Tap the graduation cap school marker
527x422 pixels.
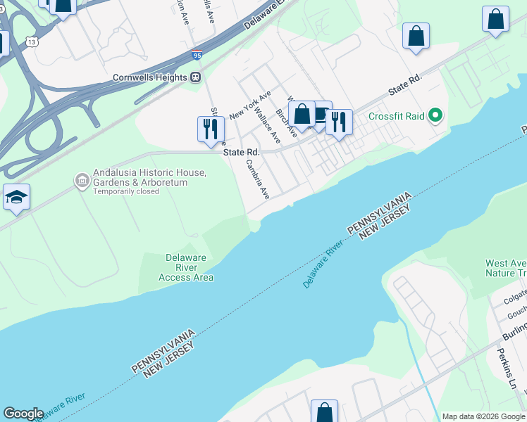pyautogui.click(x=16, y=198)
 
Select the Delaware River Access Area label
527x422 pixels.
pyautogui.click(x=185, y=267)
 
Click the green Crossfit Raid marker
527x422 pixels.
pyautogui.click(x=437, y=115)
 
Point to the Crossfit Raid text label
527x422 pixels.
pyautogui.click(x=396, y=116)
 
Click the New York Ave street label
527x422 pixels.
pyautogui.click(x=250, y=105)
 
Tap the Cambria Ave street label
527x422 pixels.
pyautogui.click(x=257, y=179)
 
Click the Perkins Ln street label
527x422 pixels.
pyautogui.click(x=507, y=370)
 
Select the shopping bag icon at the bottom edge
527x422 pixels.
pyautogui.click(x=325, y=411)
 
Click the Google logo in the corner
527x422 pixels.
pyautogui.click(x=23, y=414)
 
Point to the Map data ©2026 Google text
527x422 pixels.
pyautogui.click(x=483, y=416)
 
